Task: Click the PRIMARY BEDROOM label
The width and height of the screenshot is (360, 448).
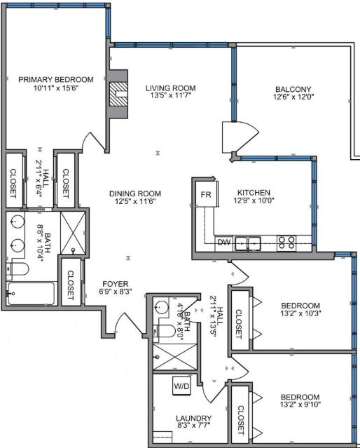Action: coord(56,79)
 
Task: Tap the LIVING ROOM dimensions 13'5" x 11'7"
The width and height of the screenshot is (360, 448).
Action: coord(171,95)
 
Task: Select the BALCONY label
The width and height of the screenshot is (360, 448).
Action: coord(293,89)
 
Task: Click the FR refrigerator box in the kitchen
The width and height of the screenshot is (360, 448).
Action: coord(207,194)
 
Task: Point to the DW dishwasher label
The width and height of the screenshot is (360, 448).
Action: coord(224,243)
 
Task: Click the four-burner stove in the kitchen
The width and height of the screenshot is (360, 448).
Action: coord(286,243)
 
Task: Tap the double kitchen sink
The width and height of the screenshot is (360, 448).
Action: coord(248,244)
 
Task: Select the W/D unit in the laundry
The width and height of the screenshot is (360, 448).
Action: coord(181,386)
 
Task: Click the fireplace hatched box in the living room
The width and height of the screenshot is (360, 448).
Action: coord(119,94)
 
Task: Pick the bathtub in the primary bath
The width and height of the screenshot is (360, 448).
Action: coord(32,294)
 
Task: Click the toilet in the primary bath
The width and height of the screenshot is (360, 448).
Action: coord(18,269)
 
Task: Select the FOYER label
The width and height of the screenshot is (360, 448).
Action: coord(116,284)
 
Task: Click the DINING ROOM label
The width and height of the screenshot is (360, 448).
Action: coord(135,194)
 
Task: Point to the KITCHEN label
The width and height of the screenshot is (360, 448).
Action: coord(254,193)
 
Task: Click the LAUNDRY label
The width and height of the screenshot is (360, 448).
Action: coord(193,419)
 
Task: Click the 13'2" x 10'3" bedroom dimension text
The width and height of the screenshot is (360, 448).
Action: coord(300,313)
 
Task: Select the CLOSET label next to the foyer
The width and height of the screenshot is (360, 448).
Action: coord(71,285)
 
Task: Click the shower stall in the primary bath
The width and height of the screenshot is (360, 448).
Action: coord(73,233)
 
